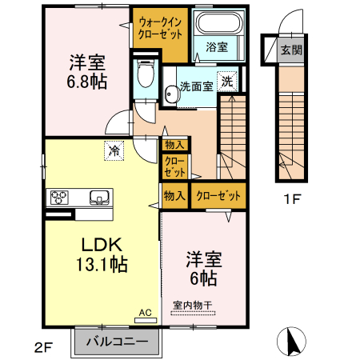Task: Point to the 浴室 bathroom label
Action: [217, 47]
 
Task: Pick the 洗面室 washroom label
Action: [196, 86]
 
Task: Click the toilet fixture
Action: [145, 77]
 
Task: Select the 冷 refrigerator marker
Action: [114, 149]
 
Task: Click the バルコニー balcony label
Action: [117, 342]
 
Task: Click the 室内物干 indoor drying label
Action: [193, 305]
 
